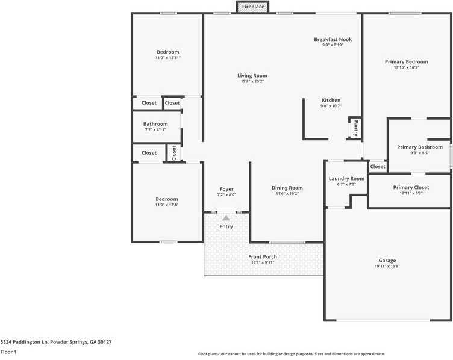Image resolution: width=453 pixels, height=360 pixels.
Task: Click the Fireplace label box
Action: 253,7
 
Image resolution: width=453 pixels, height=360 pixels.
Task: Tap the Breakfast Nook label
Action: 333,40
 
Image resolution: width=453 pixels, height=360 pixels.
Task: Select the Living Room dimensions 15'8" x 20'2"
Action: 252,81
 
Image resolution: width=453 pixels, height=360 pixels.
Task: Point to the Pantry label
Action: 355,128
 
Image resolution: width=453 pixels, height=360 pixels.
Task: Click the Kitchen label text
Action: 331,100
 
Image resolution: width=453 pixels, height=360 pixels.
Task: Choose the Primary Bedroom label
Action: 407,61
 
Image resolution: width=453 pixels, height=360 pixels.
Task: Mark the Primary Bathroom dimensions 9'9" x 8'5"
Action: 419,153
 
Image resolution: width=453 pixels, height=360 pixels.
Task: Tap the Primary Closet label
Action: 411,187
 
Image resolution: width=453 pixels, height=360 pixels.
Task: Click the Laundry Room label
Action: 346,178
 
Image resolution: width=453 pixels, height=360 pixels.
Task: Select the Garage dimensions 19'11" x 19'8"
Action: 387,266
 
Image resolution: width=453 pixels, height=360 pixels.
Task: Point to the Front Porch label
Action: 263,256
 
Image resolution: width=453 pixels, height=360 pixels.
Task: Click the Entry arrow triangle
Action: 226,218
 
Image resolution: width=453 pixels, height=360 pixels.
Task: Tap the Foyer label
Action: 226,189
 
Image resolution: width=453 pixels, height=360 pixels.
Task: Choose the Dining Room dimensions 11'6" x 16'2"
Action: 287,193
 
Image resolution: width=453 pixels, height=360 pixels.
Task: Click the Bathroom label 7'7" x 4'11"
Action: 155,129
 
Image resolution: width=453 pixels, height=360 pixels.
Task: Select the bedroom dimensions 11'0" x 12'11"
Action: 167,58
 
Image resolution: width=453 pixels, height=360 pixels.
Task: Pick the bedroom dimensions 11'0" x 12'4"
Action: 167,205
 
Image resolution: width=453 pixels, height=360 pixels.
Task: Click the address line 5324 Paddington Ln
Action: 55,342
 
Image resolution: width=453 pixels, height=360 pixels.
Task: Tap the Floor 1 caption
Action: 8,352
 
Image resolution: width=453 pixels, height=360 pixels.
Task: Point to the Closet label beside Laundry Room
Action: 378,167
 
